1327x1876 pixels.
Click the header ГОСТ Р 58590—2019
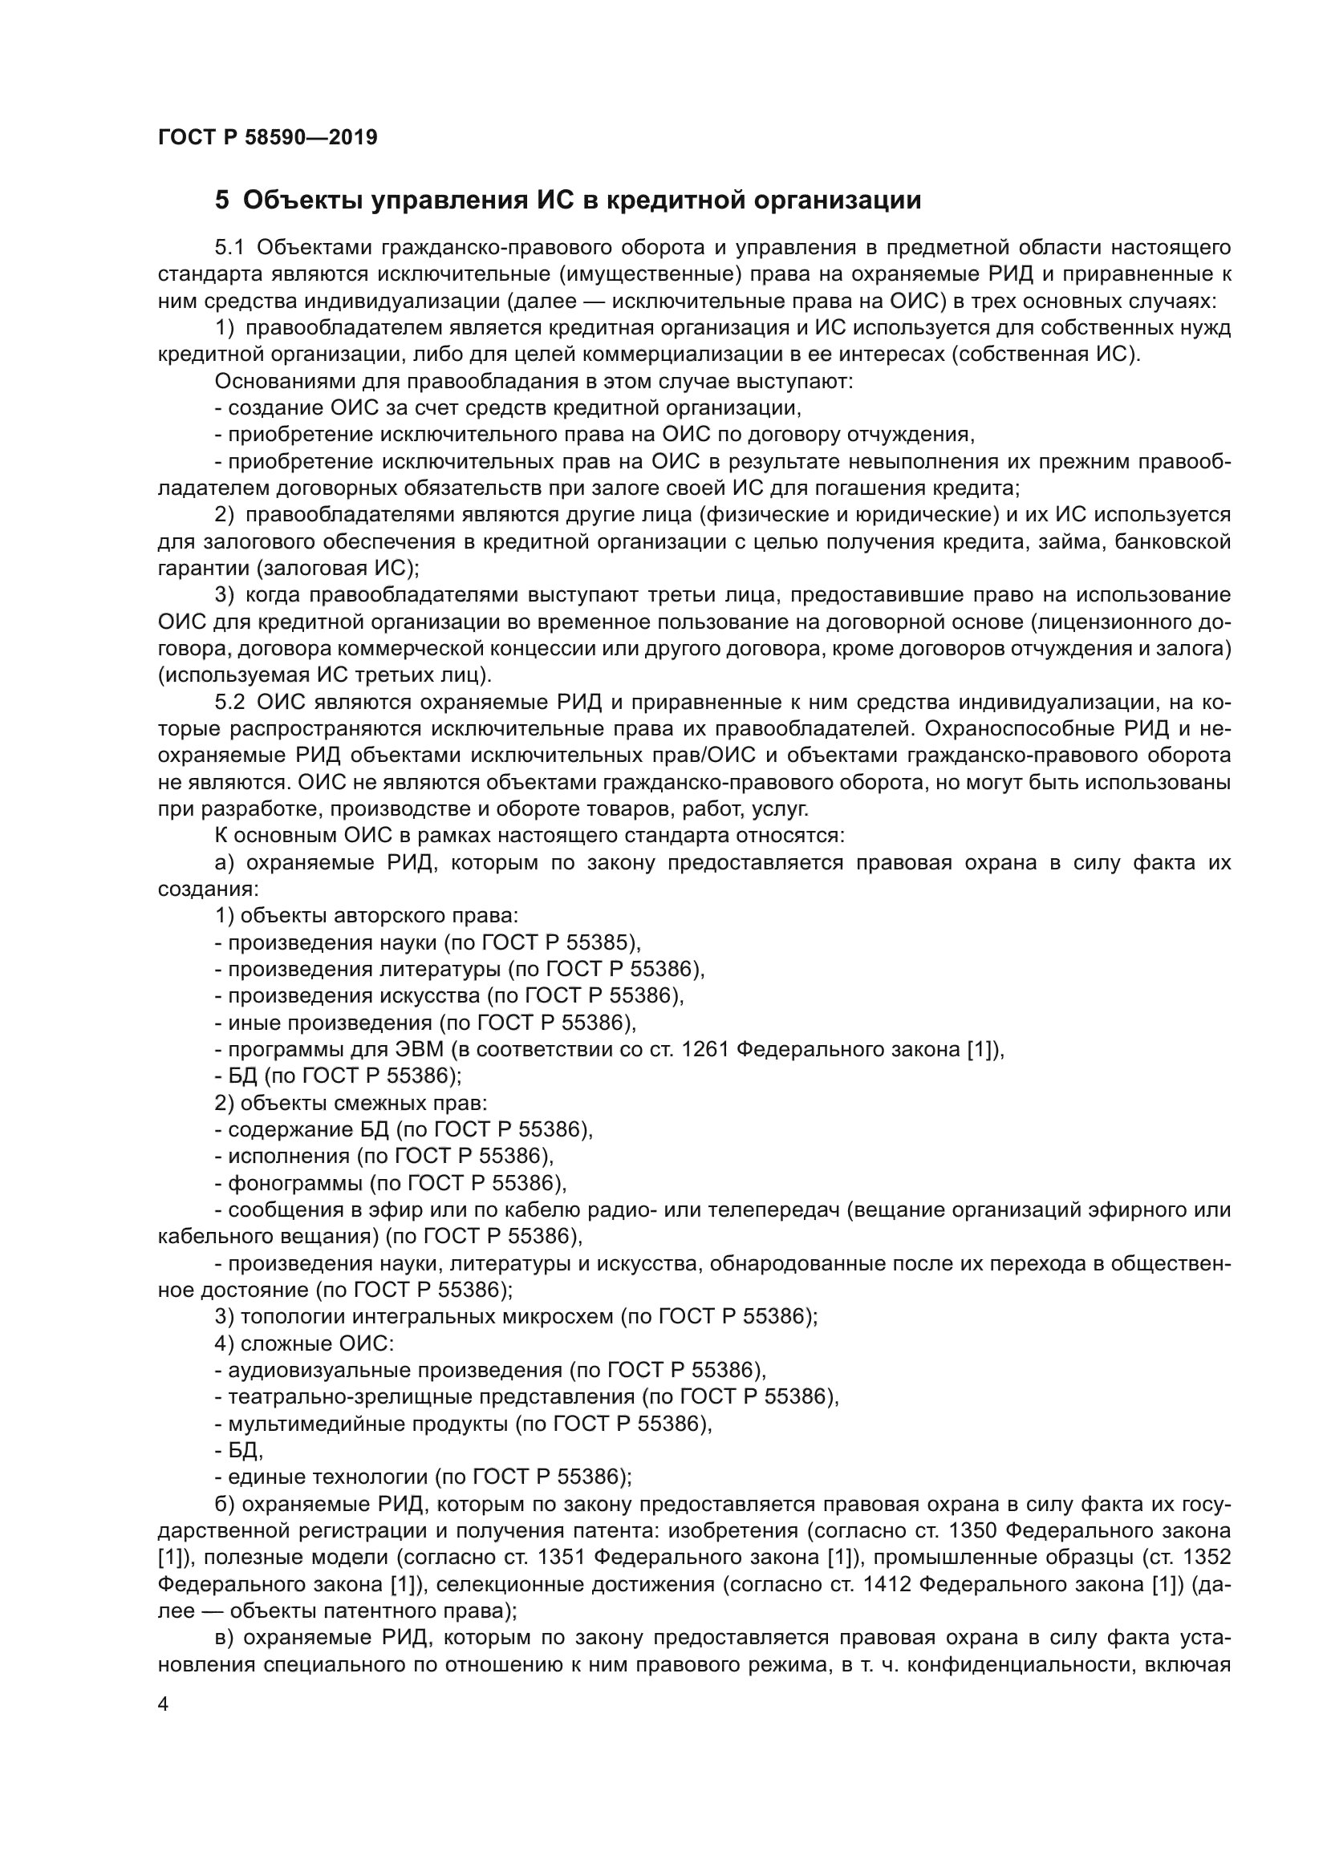(267, 137)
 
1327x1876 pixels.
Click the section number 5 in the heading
(221, 201)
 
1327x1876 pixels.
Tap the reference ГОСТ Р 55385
(558, 942)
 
